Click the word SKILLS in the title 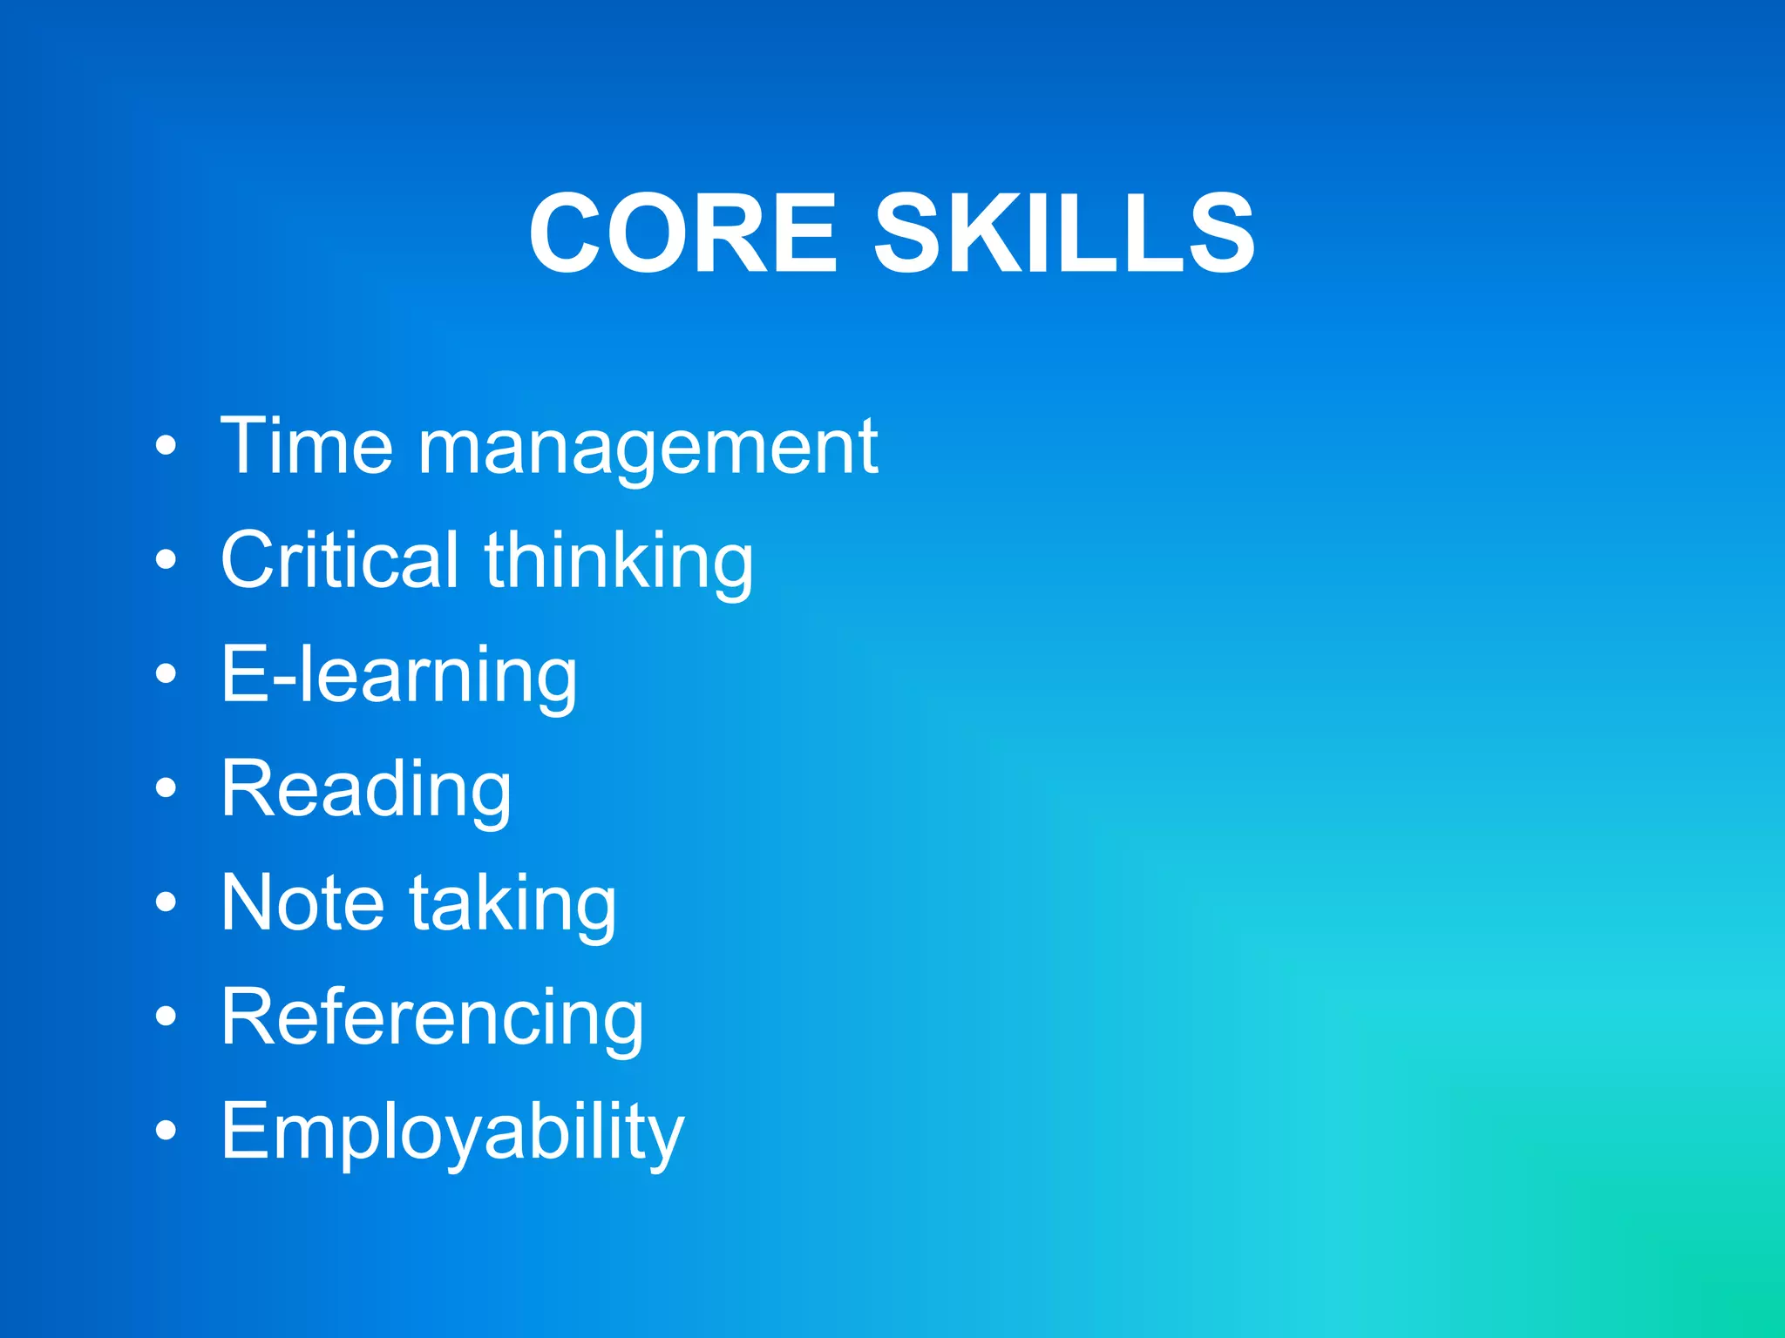(x=1064, y=233)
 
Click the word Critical (x=340, y=560)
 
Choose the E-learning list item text (x=399, y=675)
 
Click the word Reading (x=366, y=790)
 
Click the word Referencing (x=432, y=1017)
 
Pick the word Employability (x=452, y=1132)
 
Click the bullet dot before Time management (x=166, y=447)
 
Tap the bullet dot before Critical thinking (x=166, y=561)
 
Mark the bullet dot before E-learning (x=166, y=675)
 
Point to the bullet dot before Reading (x=166, y=789)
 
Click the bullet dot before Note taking (x=166, y=903)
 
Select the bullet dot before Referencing (x=166, y=1017)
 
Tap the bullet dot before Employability (x=166, y=1132)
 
